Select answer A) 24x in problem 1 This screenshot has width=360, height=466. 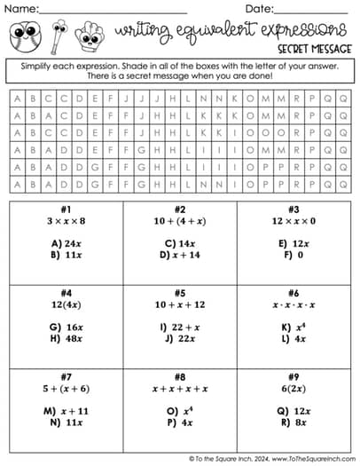67,242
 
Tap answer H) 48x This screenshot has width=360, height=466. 67,339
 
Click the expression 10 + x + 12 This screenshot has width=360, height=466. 180,304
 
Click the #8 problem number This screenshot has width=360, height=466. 180,376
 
